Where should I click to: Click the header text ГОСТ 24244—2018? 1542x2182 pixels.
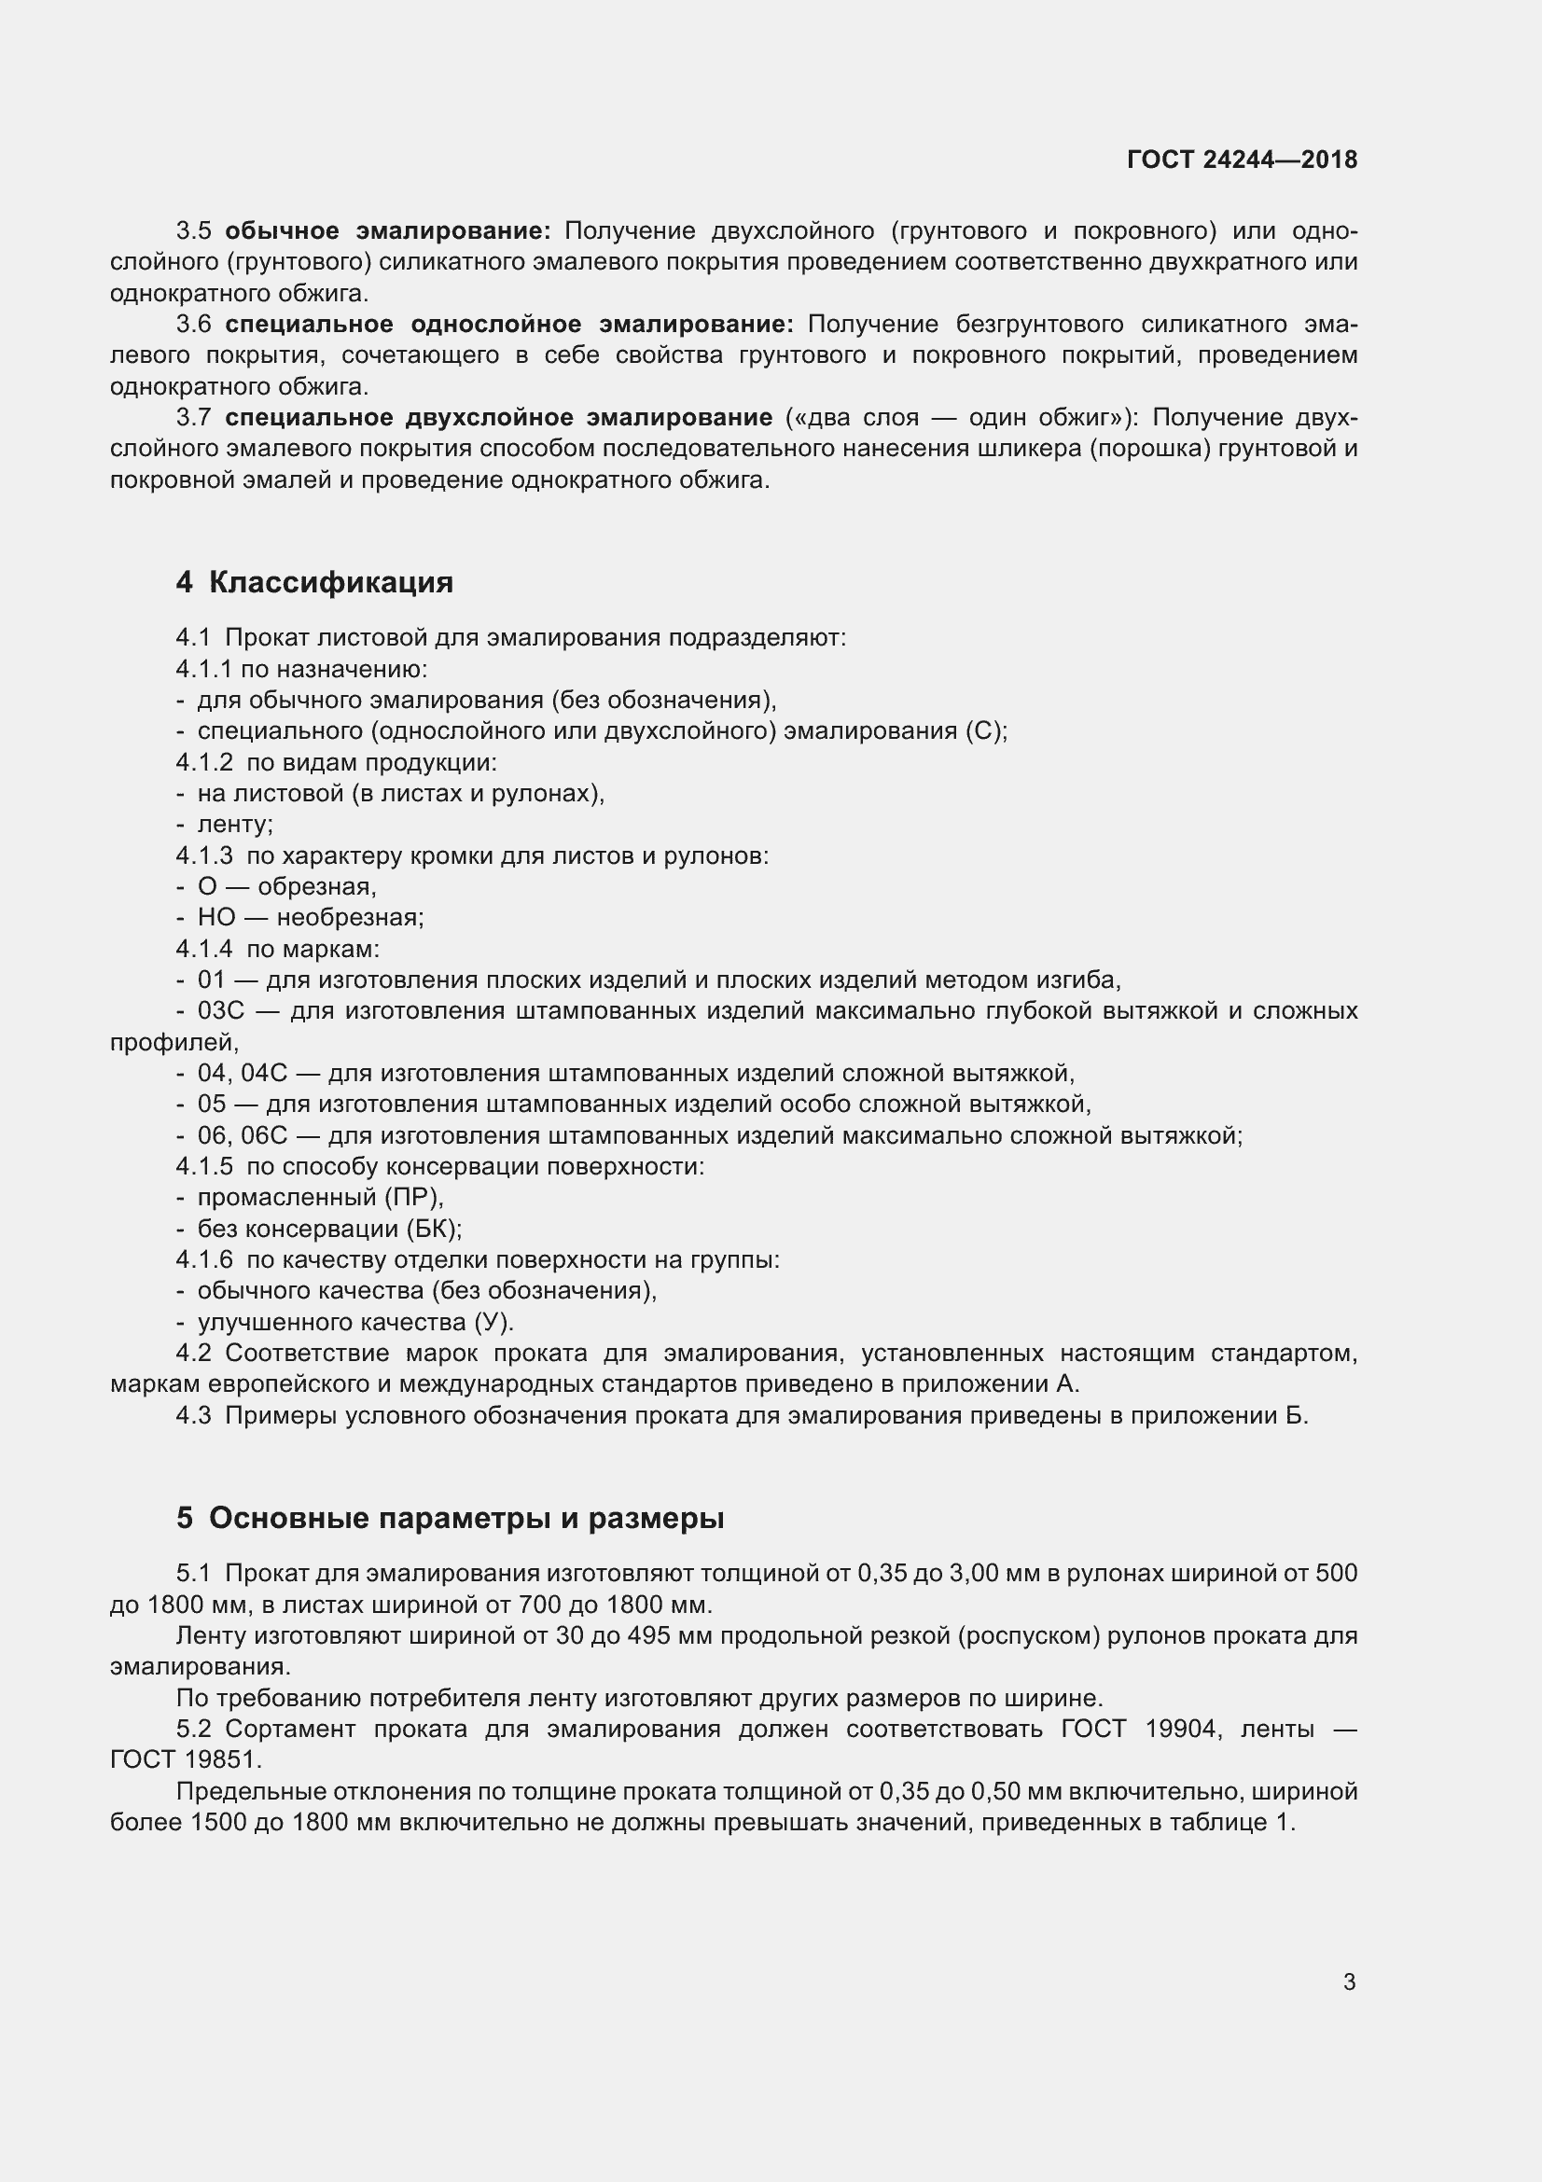[1241, 160]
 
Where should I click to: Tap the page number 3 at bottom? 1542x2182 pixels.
[1349, 1982]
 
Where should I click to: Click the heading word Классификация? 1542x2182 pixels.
[330, 581]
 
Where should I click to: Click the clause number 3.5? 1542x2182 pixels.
[193, 231]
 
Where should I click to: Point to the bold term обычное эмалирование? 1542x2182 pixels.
[388, 231]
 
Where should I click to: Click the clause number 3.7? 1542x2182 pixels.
[193, 417]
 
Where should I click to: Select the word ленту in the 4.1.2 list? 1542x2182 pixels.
[233, 824]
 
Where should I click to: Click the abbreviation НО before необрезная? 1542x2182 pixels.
[215, 917]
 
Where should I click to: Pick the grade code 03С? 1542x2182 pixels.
[220, 1010]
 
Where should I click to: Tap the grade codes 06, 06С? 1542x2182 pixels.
[242, 1135]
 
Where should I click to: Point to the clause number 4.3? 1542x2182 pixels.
[193, 1416]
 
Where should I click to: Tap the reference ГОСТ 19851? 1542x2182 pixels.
[186, 1759]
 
